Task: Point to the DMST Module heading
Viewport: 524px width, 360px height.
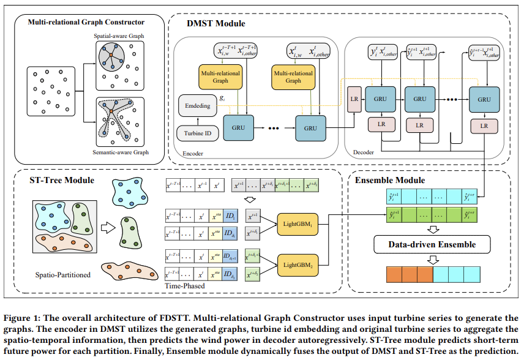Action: (215, 24)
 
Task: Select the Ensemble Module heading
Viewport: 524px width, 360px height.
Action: (389, 180)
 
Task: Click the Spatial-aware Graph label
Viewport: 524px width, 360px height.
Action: (119, 36)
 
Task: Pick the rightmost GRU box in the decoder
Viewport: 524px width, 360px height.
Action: (484, 98)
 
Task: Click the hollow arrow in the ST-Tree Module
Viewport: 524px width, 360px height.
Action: (108, 228)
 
